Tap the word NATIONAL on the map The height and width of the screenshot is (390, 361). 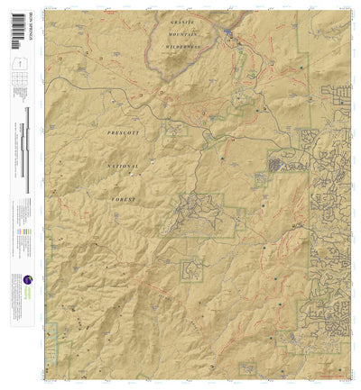pos(122,166)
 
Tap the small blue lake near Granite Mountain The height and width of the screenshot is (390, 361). pos(228,36)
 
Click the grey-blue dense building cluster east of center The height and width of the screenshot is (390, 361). pos(274,164)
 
